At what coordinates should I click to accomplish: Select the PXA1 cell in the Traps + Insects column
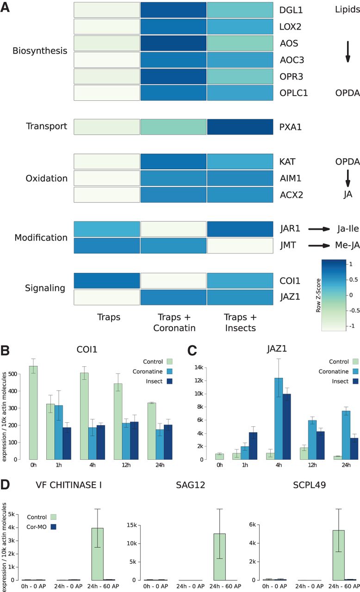(240, 126)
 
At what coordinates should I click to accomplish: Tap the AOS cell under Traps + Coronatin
(174, 43)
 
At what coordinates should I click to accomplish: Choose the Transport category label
(47, 126)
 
